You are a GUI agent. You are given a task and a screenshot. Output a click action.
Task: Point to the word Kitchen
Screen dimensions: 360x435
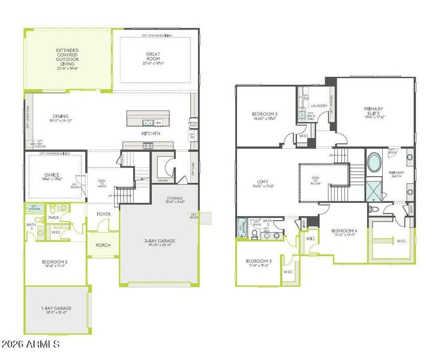(151, 133)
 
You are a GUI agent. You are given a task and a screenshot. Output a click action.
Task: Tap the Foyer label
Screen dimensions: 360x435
(103, 214)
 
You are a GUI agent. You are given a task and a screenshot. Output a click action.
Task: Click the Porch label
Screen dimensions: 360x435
(103, 245)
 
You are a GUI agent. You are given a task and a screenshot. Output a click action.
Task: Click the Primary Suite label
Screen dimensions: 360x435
(374, 112)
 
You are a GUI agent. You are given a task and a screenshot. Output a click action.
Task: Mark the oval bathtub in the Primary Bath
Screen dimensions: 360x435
(374, 163)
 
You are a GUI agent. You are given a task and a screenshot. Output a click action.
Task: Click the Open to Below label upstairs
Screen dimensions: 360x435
(316, 179)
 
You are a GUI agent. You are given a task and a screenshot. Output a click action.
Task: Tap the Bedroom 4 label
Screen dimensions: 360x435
(346, 232)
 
